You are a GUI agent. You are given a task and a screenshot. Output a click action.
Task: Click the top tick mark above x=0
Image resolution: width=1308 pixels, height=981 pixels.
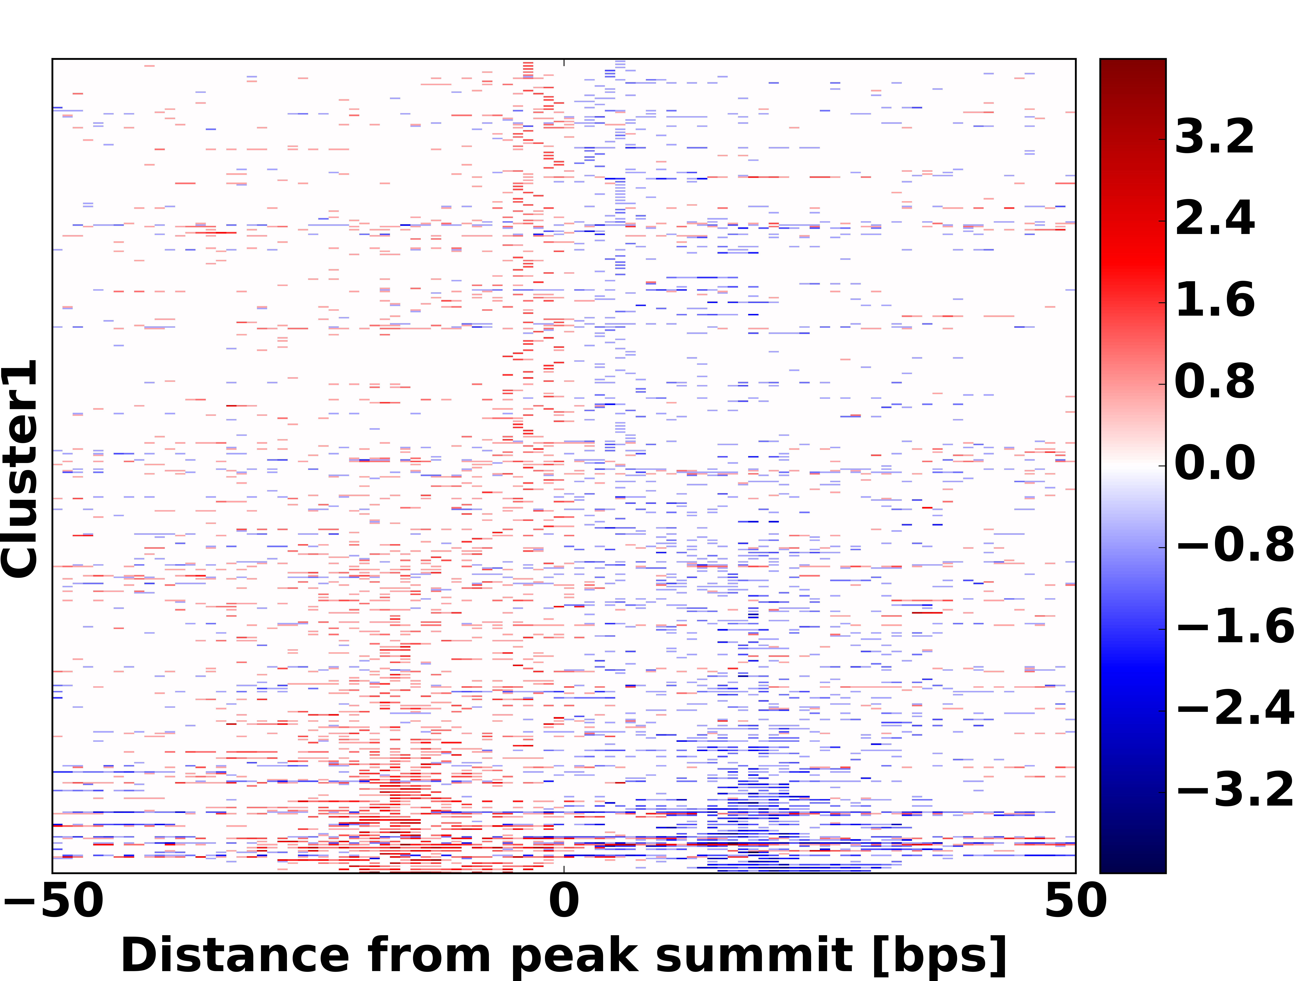point(563,61)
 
